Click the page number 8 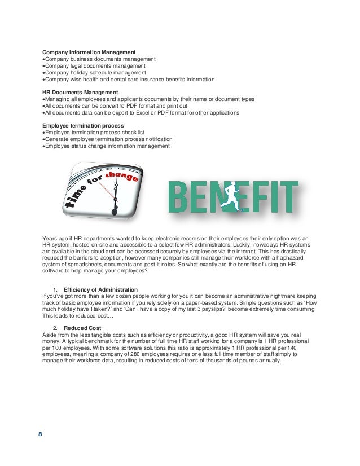[x=40, y=434]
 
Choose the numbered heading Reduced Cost [x=82, y=328]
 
